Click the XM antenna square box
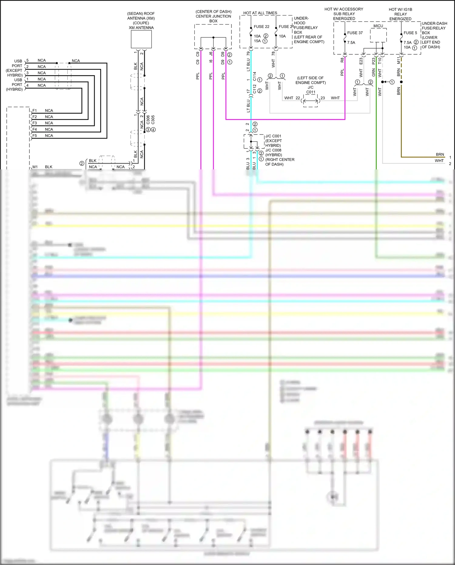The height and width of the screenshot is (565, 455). (141, 39)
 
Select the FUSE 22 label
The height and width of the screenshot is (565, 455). (261, 27)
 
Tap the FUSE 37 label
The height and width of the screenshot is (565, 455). (355, 33)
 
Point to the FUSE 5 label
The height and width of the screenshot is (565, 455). (410, 33)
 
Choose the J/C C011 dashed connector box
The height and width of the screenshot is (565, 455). (310, 100)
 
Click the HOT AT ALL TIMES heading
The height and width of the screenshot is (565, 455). (260, 13)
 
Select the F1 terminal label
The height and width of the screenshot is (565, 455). (35, 111)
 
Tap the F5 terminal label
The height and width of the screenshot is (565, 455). (35, 136)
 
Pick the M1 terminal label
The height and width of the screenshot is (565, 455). (35, 167)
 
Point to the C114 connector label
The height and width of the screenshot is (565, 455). (254, 76)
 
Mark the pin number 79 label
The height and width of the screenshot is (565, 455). (248, 53)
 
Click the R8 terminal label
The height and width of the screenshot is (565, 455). (342, 60)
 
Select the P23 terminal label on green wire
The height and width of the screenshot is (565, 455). (373, 61)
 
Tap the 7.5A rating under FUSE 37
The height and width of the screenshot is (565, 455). (351, 43)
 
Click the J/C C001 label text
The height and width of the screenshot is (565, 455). (273, 136)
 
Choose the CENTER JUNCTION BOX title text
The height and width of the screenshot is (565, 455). (213, 16)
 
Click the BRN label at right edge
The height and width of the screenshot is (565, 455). (440, 155)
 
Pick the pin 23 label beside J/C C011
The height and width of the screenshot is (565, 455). (322, 98)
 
